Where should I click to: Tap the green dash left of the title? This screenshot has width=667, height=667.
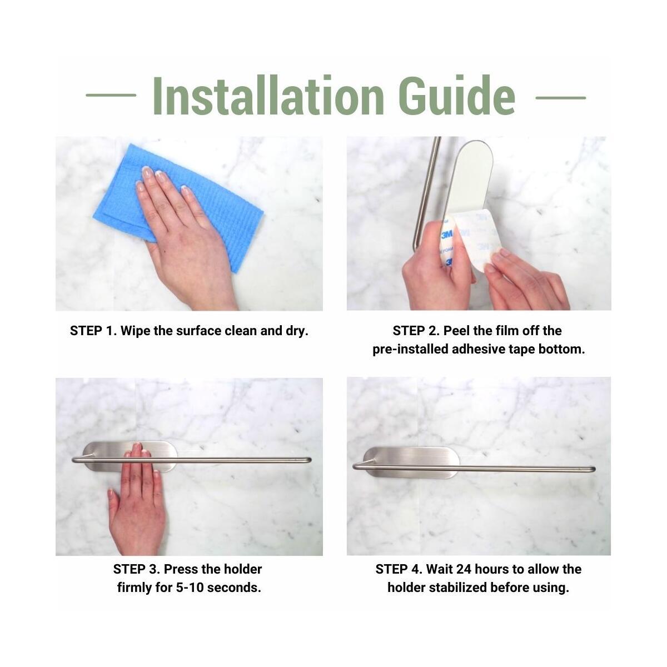click(111, 95)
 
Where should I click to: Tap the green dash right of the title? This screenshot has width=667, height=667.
click(560, 97)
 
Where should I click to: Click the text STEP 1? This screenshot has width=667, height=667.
click(93, 331)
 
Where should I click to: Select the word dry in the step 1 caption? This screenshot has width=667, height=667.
click(296, 331)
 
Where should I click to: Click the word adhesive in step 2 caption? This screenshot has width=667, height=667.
click(478, 350)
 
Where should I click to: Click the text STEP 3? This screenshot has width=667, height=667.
click(136, 569)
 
